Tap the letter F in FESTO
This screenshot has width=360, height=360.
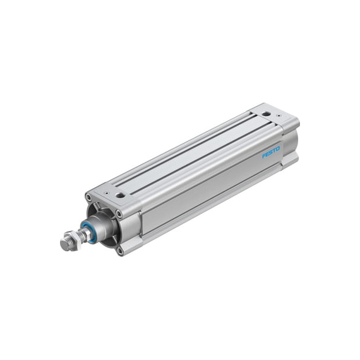pos(264,157)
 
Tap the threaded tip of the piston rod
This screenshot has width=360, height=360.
pos(65,244)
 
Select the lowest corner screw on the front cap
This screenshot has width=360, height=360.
pos(120,251)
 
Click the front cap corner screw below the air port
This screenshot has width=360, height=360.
pos(119,212)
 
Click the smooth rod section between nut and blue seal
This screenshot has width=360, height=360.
pos(83,233)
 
